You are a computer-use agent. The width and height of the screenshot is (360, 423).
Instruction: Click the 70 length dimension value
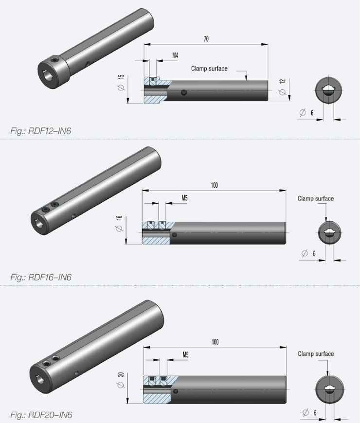coord(206,39)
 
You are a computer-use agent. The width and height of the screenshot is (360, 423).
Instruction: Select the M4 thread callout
coord(175,56)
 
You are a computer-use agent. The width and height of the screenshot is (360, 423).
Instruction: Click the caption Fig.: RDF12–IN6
coord(41,130)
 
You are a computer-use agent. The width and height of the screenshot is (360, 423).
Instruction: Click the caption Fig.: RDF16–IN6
coord(41,278)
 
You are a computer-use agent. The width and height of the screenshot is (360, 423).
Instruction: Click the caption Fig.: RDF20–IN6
coord(41,415)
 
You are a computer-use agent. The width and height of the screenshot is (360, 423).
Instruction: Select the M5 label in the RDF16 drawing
coord(184,198)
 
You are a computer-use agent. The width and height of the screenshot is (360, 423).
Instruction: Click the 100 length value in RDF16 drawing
coord(215,185)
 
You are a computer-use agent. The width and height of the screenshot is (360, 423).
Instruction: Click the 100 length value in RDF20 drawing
coord(215,342)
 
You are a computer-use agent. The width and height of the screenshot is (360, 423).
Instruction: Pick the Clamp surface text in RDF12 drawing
coord(209,69)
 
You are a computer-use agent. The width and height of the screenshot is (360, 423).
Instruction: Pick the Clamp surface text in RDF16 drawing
coord(316,198)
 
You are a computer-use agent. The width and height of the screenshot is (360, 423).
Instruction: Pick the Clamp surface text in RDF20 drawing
coord(316,354)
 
